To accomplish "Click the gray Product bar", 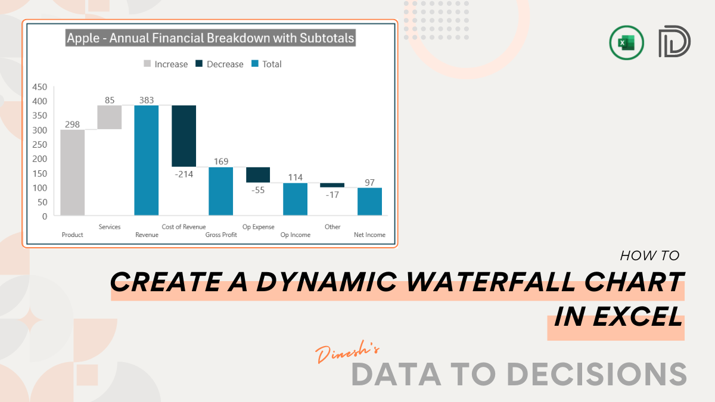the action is (x=73, y=172).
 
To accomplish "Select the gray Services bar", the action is (x=110, y=117).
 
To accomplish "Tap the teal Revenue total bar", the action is (x=147, y=160).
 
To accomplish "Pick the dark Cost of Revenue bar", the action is (x=184, y=136).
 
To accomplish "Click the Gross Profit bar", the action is (x=221, y=191).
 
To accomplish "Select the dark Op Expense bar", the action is (x=258, y=175).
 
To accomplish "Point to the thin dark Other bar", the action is (x=332, y=185).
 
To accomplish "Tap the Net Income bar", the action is (x=369, y=201).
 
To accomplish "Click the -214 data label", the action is (x=184, y=174).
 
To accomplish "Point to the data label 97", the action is (x=369, y=182).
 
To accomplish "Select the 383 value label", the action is (x=147, y=100).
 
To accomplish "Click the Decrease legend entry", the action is (x=219, y=64).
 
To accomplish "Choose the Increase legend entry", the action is (x=166, y=64).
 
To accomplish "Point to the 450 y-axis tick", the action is (x=39, y=87).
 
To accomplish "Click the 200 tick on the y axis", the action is (x=39, y=159).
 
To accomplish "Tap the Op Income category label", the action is (x=296, y=235).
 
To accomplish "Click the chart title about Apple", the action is (x=210, y=38).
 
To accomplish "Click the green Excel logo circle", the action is (x=626, y=43).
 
